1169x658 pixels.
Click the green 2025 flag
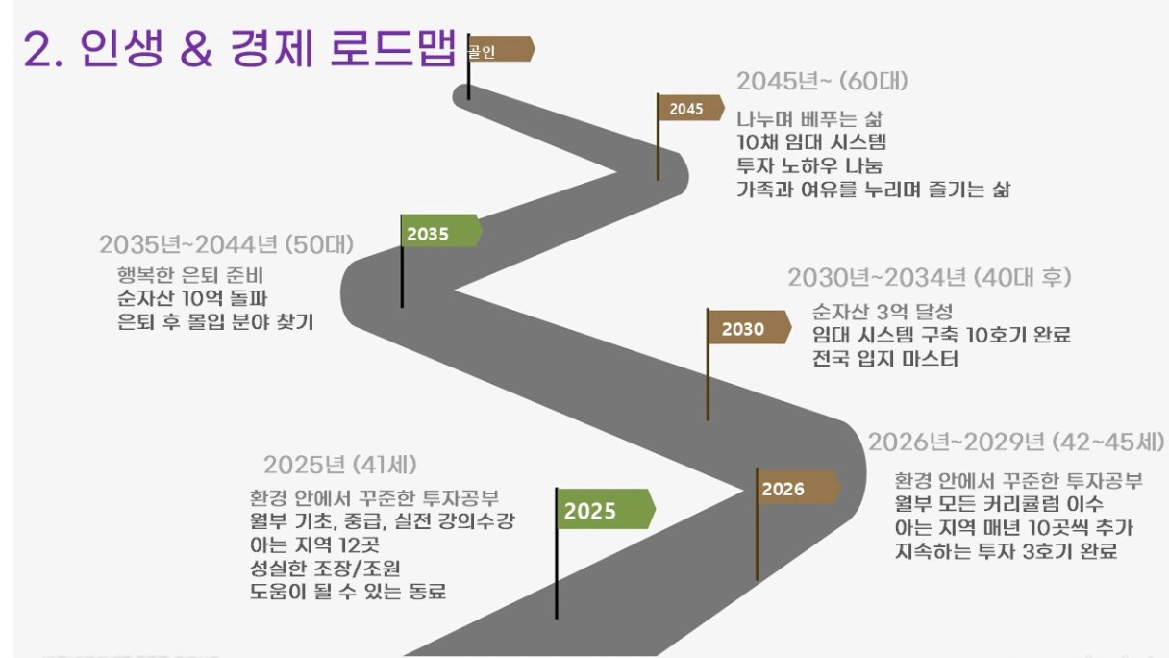606,509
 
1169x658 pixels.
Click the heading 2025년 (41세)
340,465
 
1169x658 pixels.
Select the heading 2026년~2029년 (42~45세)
1016,443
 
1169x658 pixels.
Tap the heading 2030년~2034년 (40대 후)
930,277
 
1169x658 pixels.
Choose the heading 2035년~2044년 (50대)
227,244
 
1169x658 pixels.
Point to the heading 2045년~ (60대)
823,82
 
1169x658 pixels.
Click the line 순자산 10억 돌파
192,298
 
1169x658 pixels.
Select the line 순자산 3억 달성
883,312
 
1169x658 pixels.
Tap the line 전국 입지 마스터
885,359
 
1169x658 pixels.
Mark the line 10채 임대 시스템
811,142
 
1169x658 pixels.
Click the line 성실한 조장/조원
325,568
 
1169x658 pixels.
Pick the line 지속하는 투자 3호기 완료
1007,551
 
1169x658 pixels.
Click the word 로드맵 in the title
393,48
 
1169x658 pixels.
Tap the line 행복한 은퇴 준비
190,275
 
